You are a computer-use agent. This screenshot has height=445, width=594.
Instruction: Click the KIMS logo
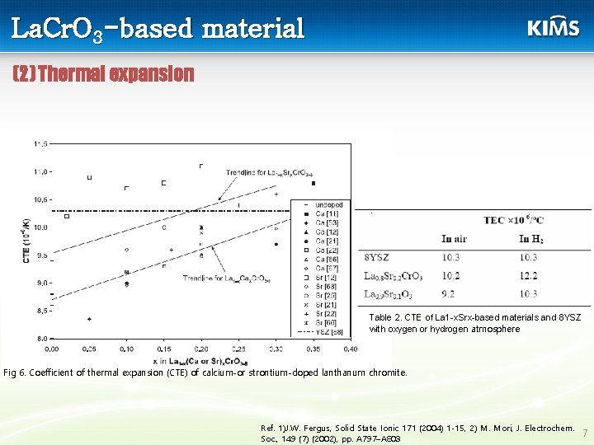pyautogui.click(x=553, y=27)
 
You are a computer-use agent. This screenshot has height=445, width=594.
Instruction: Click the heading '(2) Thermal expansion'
pyautogui.click(x=104, y=74)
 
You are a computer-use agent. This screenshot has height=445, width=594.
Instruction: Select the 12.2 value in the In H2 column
pyautogui.click(x=529, y=275)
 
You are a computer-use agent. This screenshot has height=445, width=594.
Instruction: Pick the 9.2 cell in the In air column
pyautogui.click(x=450, y=293)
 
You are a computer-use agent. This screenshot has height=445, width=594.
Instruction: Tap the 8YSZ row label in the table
pyautogui.click(x=377, y=257)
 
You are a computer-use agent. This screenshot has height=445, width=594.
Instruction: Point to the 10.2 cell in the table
pyautogui.click(x=450, y=275)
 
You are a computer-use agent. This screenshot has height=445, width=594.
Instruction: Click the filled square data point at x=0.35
pyautogui.click(x=313, y=183)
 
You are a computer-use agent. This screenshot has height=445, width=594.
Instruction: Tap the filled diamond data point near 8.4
pyautogui.click(x=89, y=319)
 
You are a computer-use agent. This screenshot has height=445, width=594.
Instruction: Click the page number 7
pyautogui.click(x=584, y=433)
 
